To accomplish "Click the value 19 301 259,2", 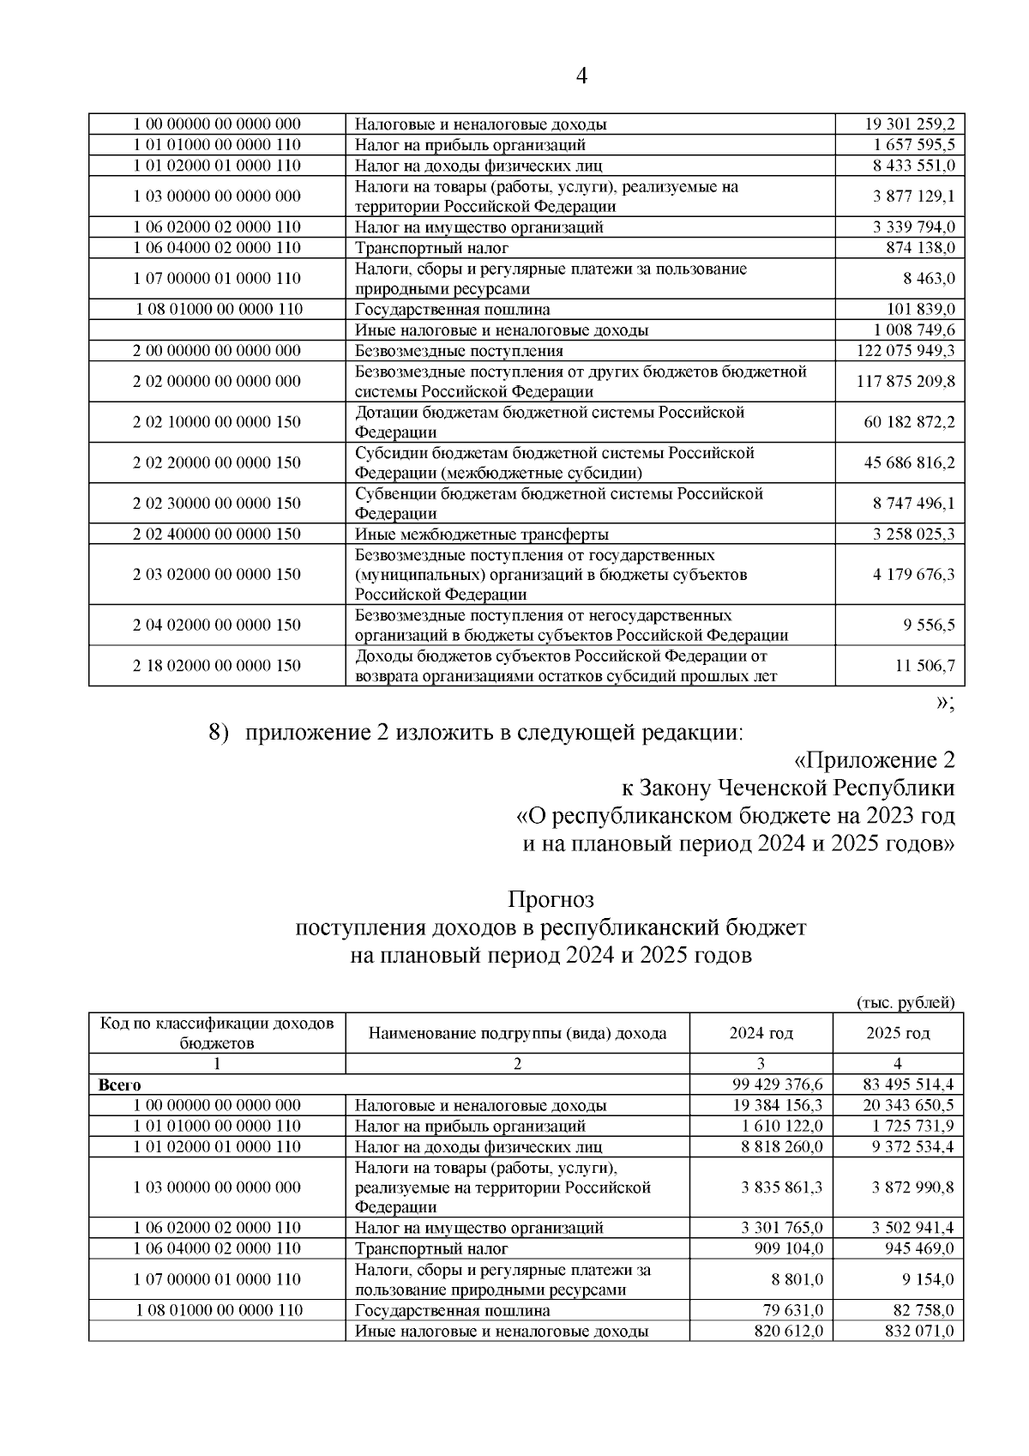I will point(910,124).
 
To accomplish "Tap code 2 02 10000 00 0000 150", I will point(217,422).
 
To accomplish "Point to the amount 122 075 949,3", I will point(906,351).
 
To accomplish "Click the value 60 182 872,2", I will point(909,422).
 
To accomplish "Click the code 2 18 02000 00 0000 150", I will point(217,666).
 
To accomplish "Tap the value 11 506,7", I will point(925,666).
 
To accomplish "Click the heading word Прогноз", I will point(551,900).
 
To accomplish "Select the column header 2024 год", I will point(761,1033).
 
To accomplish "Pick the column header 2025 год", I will point(898,1033).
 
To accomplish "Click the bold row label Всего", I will point(120,1085).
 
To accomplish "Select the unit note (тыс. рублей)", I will point(906,1002).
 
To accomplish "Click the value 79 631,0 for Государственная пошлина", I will point(793,1311).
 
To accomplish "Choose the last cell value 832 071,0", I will point(919,1332).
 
